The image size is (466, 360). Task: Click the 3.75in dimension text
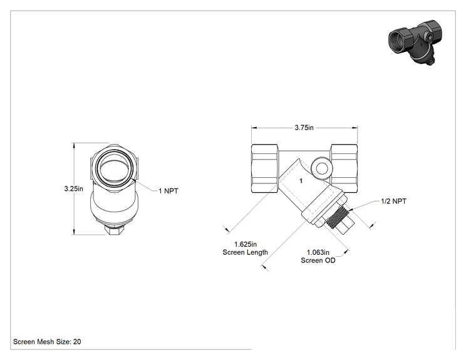304,128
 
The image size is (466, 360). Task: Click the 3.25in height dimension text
74,188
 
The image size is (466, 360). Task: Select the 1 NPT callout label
168,191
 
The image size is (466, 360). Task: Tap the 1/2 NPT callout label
394,201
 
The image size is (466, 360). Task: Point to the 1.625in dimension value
246,244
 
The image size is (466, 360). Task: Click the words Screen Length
245,252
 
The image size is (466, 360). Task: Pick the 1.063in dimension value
318,252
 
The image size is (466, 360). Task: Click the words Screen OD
318,260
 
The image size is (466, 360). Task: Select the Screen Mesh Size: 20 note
47,342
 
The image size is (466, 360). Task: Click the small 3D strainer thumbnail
415,42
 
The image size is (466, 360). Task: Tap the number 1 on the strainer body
301,180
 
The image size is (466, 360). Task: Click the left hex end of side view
265,168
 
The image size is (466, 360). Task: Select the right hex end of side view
344,168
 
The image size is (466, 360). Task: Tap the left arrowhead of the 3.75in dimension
254,128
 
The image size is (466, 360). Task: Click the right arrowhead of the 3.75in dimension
355,128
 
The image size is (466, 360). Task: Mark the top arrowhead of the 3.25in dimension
74,145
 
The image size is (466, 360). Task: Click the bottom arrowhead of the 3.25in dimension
74,232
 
